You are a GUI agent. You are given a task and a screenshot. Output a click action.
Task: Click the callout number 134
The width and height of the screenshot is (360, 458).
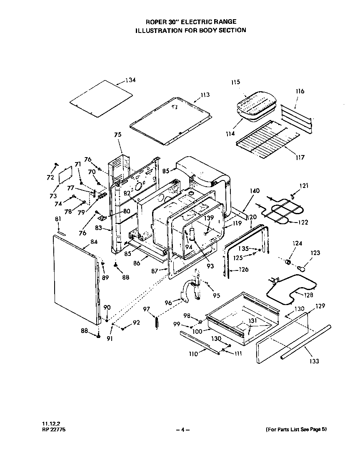pos(130,80)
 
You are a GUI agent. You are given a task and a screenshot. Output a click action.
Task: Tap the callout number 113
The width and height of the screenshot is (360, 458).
pos(205,95)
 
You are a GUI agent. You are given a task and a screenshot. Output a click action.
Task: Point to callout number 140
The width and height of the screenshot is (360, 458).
pos(255,191)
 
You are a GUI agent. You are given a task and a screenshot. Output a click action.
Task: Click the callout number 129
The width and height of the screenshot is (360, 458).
pos(320,306)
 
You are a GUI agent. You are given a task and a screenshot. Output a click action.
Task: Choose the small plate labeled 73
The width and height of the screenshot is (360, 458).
pos(65,174)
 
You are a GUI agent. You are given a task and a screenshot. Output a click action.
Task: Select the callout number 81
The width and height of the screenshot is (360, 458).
pos(58,219)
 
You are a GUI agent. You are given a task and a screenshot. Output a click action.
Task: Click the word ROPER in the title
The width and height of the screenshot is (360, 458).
pos(155,21)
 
